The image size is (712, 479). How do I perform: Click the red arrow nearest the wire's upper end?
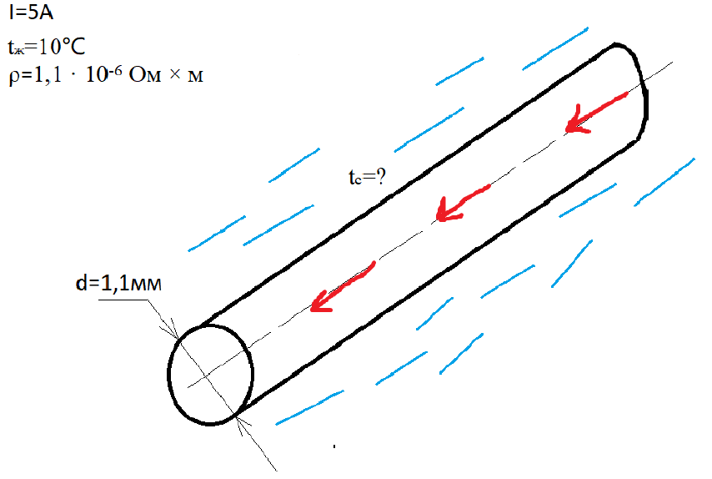595,113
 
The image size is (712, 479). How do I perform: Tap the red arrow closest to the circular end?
341,287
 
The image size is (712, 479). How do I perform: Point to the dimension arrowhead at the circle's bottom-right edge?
242,420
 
